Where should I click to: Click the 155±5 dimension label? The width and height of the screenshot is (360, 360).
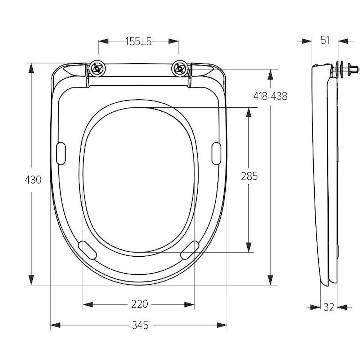coord(139,41)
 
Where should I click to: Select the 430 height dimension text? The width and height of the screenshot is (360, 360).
coord(33,180)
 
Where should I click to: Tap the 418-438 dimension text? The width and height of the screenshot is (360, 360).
coord(270,96)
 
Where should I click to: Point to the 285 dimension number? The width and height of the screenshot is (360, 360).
coord(249,176)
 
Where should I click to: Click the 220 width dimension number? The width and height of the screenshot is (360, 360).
coord(140,304)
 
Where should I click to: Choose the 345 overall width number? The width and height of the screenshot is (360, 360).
coord(140,325)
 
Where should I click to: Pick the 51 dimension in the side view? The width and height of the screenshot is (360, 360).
coord(325,40)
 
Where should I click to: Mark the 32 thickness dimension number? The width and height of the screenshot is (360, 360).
coord(329,307)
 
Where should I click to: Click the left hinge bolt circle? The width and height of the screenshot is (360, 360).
coord(98,68)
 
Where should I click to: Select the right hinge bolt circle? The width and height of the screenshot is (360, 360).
coord(180,68)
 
